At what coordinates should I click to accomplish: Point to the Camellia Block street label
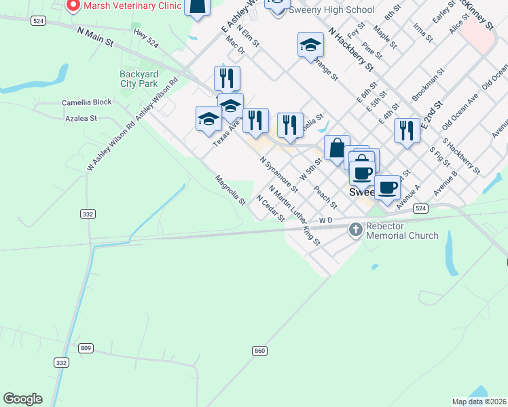coord(86,102)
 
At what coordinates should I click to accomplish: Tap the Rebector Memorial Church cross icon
coord(355,230)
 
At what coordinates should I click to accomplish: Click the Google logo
coord(22,399)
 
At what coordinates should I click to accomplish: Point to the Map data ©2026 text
coord(479,402)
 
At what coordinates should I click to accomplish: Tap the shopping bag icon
coord(336,147)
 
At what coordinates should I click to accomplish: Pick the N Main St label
coord(95,37)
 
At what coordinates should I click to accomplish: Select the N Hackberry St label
coord(350,50)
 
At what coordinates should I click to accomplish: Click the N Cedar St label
coord(270,207)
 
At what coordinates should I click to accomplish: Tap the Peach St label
coord(325,195)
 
